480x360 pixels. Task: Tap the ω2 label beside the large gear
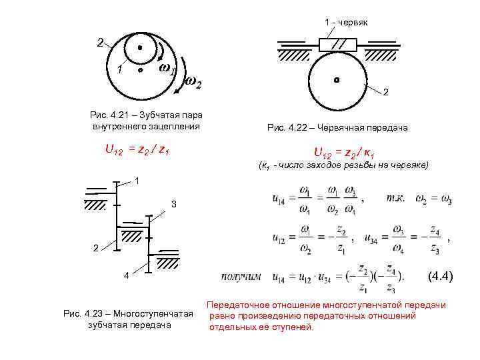(192, 83)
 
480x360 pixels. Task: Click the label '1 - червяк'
(346, 23)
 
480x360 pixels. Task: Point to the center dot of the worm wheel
(337, 79)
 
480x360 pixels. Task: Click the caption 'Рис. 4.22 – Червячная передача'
(337, 127)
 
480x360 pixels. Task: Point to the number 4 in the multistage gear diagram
(127, 277)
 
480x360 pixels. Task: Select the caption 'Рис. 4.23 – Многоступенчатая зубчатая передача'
(127, 319)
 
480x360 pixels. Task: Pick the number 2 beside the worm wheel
(386, 91)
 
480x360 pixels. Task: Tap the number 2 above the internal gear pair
(100, 43)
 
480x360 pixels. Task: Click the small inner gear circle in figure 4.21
(140, 49)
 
